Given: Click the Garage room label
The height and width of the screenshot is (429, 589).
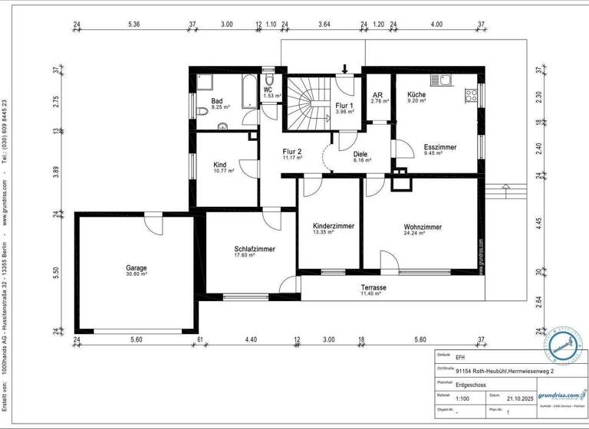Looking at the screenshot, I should tap(137, 268).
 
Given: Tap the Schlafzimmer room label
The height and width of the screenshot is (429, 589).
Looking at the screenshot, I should tap(255, 249).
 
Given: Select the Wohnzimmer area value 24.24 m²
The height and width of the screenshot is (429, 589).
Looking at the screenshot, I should tap(422, 234).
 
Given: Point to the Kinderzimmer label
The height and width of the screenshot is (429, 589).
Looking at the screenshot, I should tap(334, 227).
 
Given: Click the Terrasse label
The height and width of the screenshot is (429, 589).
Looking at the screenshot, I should tap(373, 288).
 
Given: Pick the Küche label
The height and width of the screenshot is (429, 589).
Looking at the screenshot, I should tap(416, 93).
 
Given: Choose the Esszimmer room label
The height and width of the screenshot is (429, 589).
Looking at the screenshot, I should tap(440, 147).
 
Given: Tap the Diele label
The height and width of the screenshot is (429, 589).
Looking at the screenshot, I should tap(360, 154).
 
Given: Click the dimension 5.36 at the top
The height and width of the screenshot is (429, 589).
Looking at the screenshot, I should tap(134, 25).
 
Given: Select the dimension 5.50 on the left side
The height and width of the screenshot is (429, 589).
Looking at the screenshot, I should tap(54, 272).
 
